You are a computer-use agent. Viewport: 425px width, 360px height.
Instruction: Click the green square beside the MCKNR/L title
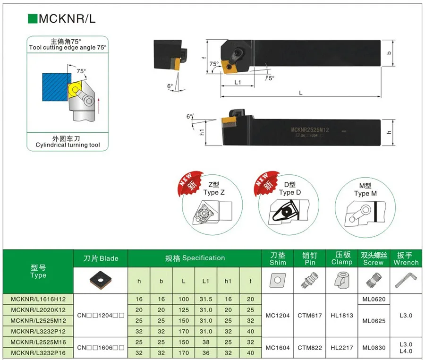pos(33,19)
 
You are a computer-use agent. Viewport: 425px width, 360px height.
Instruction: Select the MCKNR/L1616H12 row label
pos(38,299)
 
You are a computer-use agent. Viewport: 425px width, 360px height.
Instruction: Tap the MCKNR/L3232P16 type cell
pos(38,352)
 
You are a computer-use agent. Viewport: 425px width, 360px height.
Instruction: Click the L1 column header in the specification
pos(206,281)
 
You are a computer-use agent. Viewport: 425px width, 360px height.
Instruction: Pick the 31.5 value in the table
pos(206,299)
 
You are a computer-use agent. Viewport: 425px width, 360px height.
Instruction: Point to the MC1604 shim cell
pos(278,348)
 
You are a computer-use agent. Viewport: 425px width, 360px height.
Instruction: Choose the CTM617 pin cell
pos(310,315)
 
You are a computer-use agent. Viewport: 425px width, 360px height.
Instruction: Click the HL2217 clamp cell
pos(342,348)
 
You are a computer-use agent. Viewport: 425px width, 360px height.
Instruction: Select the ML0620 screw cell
pos(374,299)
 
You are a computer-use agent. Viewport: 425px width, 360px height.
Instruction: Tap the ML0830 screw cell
pos(374,348)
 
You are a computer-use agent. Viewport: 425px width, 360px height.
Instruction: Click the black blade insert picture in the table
pos(101,280)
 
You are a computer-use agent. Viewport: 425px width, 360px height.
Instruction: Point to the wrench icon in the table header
pos(406,281)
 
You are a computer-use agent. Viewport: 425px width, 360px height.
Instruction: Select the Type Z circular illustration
pos(212,208)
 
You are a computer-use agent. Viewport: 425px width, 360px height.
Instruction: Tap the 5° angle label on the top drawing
pos(271,78)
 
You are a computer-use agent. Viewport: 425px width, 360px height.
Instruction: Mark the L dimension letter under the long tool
pos(300,93)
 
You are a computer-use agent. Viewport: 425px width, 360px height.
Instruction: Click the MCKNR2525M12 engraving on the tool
pos(310,130)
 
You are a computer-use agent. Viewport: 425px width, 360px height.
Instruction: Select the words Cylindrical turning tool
pos(68,145)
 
